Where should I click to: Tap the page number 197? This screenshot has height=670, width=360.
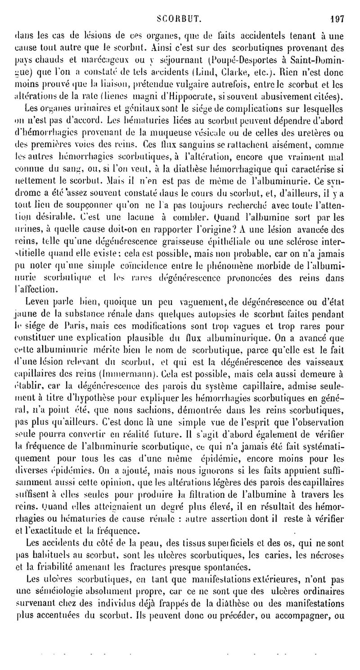(336, 7)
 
